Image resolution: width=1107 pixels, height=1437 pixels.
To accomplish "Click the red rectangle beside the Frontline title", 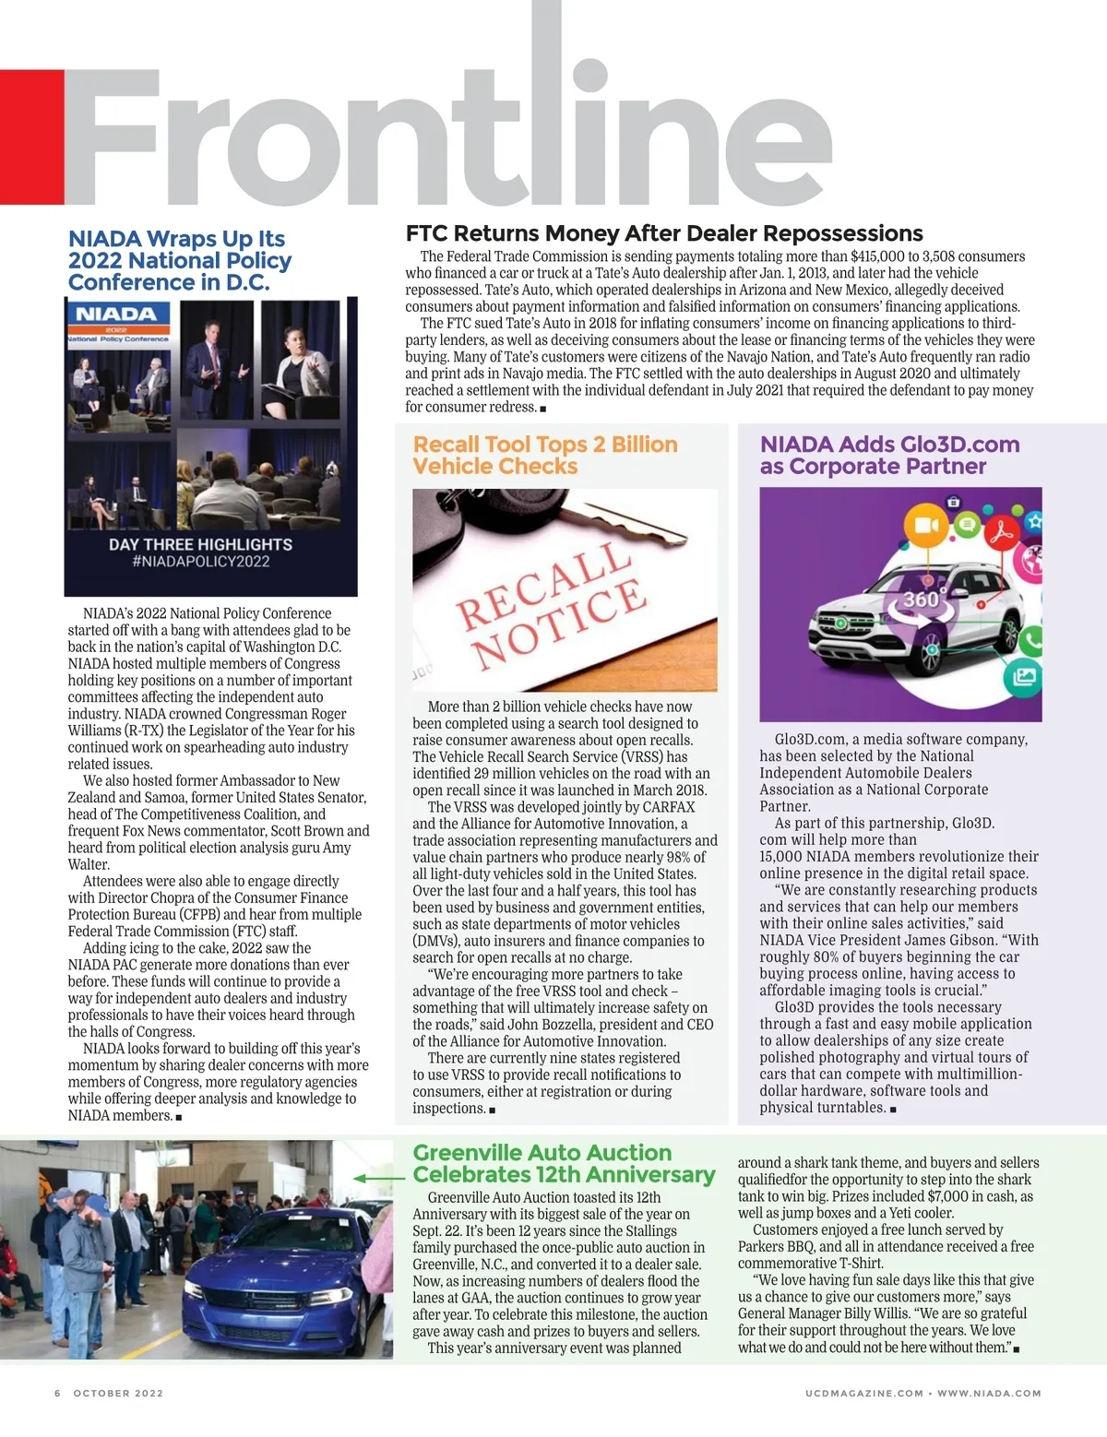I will point(31,137).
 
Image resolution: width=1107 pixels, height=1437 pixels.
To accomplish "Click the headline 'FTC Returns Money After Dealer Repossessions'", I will point(664,233).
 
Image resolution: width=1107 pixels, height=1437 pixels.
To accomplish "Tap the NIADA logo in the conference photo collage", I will point(116,315).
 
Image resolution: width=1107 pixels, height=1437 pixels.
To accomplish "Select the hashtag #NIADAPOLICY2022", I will point(200,562).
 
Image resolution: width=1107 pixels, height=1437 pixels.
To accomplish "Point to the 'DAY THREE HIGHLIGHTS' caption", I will point(200,544).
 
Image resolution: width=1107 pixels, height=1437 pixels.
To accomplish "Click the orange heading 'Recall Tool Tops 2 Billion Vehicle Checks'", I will point(544,455).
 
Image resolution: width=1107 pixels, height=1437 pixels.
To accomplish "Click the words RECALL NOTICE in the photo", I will point(552,605).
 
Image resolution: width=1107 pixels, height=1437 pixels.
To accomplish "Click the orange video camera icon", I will point(924,526).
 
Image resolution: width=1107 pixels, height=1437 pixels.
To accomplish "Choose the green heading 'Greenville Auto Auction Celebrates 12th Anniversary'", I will point(563,1163).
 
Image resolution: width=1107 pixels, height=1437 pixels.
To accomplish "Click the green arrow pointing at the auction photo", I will point(378,1178).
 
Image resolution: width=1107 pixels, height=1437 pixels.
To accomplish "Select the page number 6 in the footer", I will point(57,1393).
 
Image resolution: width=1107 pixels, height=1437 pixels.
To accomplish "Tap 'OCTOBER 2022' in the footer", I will point(118,1393).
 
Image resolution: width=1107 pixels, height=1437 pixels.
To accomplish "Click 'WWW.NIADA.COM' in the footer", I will point(989,1393).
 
